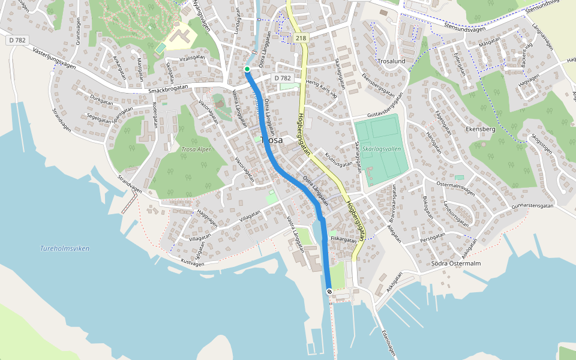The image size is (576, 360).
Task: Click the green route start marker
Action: pos(247,69)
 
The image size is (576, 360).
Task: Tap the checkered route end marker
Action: pos(329,291)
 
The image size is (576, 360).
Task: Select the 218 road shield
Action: pos(301,38)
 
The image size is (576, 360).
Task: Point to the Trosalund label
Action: pos(392,61)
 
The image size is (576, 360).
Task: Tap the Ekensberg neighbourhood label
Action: pos(480,129)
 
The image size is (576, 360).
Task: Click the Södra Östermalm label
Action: pos(456,263)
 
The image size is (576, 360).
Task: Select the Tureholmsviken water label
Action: pos(64,248)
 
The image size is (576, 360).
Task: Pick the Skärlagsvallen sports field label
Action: pos(382,149)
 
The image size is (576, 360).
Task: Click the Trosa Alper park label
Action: pos(197,149)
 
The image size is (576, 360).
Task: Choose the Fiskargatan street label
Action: pos(344,239)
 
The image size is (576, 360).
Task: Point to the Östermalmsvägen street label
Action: pos(455,188)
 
